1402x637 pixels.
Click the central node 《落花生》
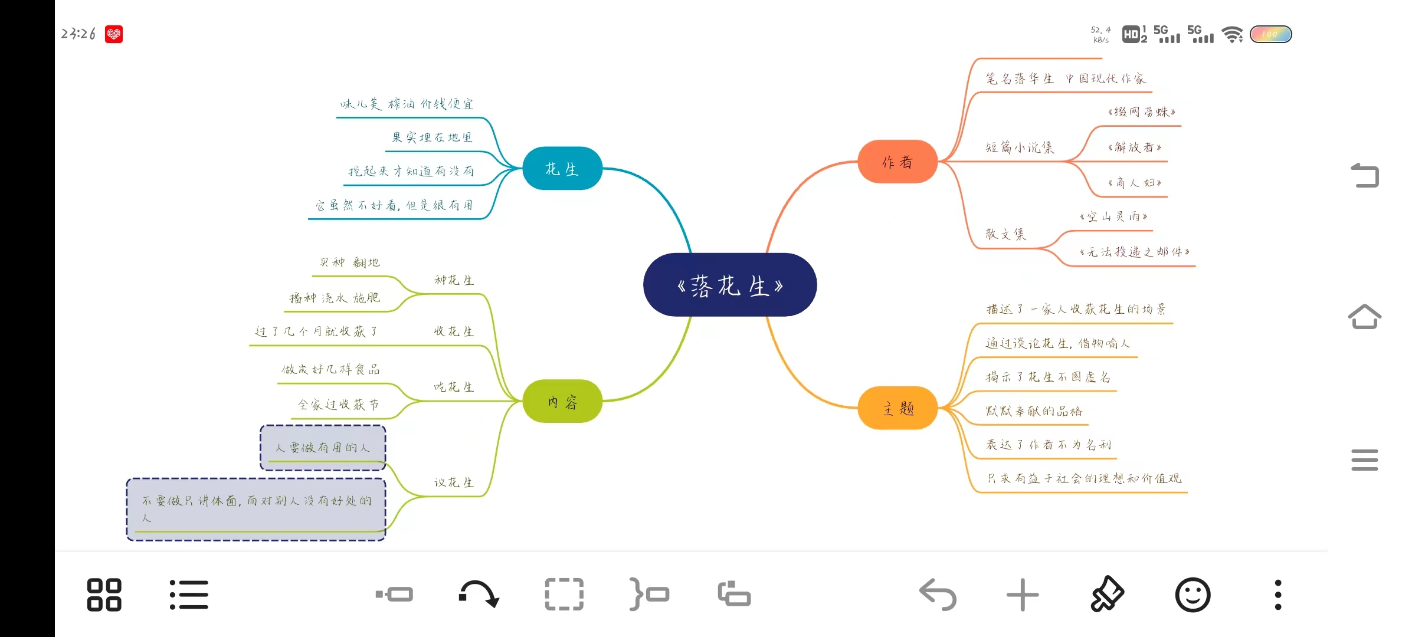click(730, 285)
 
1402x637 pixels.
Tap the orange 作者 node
click(897, 162)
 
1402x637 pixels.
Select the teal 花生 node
click(562, 169)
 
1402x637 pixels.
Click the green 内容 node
click(562, 402)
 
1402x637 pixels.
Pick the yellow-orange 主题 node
click(897, 408)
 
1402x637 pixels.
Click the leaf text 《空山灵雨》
click(1113, 217)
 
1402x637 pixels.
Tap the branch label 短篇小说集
click(1019, 147)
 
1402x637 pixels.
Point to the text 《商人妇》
click(1134, 183)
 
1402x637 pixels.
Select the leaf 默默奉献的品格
click(1034, 411)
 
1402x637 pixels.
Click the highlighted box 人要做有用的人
click(323, 448)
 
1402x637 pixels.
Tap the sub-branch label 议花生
click(454, 482)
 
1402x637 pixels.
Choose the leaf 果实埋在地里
click(432, 137)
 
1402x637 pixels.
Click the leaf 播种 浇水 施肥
click(335, 298)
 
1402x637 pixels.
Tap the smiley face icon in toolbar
click(1193, 595)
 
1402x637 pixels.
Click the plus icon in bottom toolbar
click(1022, 595)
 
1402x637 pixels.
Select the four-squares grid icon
click(104, 595)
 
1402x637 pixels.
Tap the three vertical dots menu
click(1277, 595)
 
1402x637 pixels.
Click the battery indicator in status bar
click(1270, 34)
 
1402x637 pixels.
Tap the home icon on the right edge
click(1364, 317)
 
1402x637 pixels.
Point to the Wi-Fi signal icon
click(1232, 34)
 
